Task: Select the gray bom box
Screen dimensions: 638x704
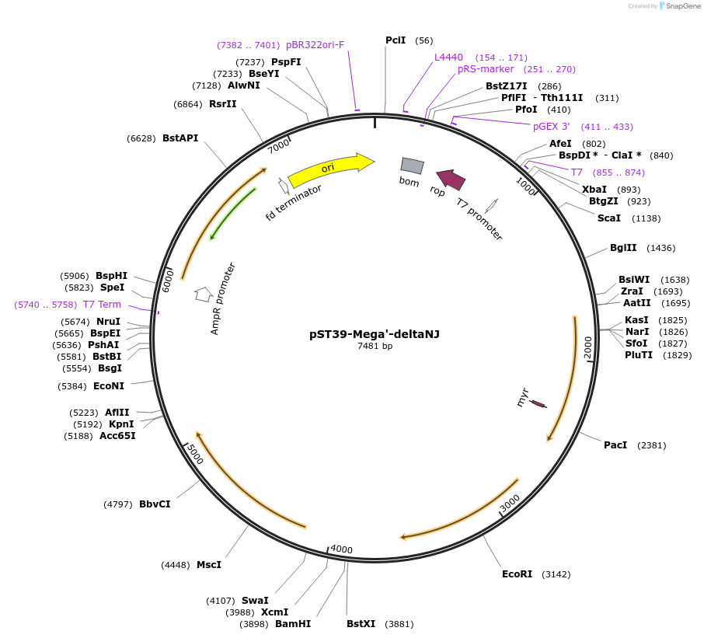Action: (x=412, y=165)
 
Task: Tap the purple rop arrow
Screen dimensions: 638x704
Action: (x=451, y=180)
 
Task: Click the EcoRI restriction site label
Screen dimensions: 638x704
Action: (x=517, y=574)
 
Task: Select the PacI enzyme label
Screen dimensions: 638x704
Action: (x=615, y=445)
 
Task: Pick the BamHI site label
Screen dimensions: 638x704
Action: (x=293, y=623)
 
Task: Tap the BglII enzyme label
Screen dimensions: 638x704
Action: (x=622, y=248)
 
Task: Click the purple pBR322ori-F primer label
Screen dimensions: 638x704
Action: (x=315, y=45)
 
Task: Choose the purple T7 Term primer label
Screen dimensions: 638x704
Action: (x=102, y=305)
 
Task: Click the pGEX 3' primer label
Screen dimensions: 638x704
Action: (x=551, y=127)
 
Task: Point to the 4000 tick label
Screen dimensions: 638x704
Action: (x=341, y=549)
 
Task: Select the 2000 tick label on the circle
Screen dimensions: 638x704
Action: (x=588, y=347)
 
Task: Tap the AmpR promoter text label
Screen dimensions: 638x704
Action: (x=223, y=298)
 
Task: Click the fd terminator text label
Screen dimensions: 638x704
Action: (x=293, y=202)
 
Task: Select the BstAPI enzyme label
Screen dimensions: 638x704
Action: (x=180, y=138)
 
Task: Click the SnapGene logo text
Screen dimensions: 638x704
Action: (x=683, y=6)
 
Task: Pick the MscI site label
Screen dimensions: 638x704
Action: (x=208, y=565)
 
